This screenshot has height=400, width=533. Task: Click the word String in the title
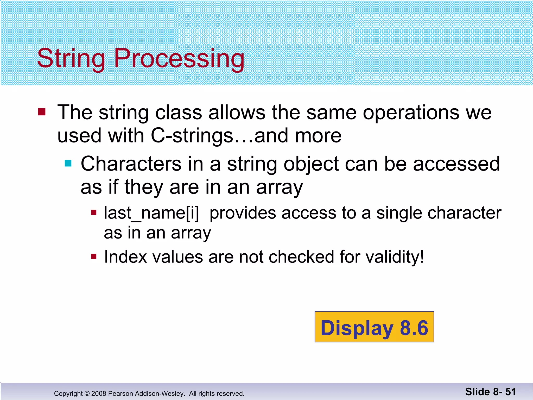coord(71,59)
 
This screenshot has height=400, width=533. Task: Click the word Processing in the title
coord(179,59)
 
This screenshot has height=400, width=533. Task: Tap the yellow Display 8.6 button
coord(374,327)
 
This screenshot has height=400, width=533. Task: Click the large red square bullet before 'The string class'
coord(42,112)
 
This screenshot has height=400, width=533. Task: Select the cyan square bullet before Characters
coord(68,163)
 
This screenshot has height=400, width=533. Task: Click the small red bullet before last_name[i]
coord(94,213)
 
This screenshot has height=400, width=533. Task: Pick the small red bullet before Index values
coord(94,257)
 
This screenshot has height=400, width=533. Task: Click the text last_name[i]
coord(151,213)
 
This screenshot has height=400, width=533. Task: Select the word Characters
coord(131,164)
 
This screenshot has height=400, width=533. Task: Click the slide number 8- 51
coord(504,392)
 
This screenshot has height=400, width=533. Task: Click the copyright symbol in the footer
coord(87,393)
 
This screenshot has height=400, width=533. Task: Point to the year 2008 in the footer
coord(99,393)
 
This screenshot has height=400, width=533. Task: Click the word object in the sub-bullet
coord(311,164)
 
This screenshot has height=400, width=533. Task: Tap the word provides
coord(242,213)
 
